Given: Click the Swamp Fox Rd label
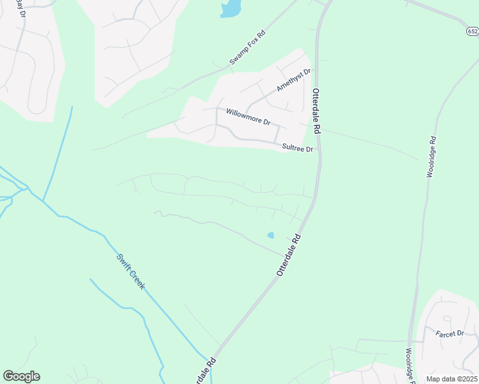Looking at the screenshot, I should pyautogui.click(x=247, y=49).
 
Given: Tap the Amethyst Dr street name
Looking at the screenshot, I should pyautogui.click(x=293, y=79).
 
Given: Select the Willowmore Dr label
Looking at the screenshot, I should pyautogui.click(x=248, y=116).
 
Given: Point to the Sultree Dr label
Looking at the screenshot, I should pyautogui.click(x=298, y=148).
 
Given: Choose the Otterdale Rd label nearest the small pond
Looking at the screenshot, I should pyautogui.click(x=289, y=255).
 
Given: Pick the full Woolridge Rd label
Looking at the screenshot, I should pyautogui.click(x=432, y=157).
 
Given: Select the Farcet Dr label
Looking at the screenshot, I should pyautogui.click(x=450, y=333).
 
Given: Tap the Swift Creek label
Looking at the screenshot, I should pyautogui.click(x=131, y=271).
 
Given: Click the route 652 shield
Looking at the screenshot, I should pyautogui.click(x=473, y=31).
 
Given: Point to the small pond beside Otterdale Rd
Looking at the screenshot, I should pyautogui.click(x=270, y=236).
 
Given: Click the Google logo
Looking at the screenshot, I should pyautogui.click(x=21, y=376).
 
